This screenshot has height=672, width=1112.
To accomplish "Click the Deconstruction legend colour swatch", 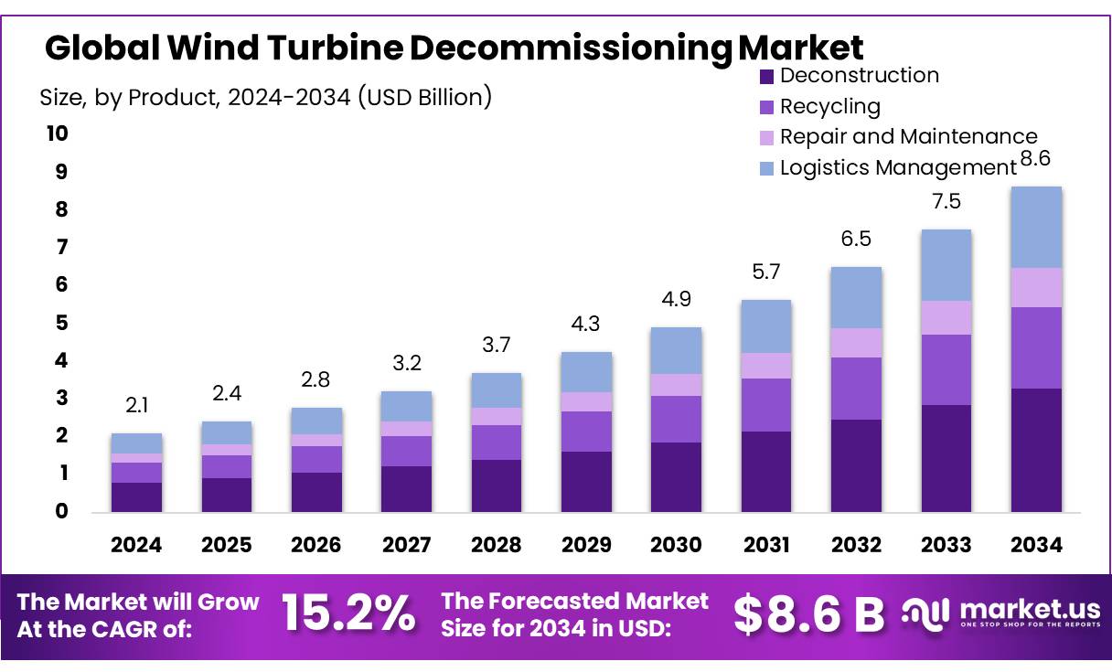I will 766,76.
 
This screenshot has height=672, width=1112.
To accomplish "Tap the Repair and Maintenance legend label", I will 908,137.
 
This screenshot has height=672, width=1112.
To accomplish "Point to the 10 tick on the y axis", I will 57,133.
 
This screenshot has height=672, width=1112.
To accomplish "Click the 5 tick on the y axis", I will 61,323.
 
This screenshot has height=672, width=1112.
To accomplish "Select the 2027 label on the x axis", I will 406,545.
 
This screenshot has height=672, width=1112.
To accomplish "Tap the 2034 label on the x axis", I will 1036,545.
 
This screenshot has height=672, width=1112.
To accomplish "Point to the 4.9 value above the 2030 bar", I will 676,300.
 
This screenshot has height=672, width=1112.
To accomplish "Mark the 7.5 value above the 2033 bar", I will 946,202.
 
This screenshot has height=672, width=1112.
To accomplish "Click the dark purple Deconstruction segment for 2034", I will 1036,450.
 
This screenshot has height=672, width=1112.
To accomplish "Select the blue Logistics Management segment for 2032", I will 856,298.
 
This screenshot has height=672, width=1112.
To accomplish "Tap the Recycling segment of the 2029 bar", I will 586,432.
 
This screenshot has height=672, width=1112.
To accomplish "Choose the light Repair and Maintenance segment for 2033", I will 946,318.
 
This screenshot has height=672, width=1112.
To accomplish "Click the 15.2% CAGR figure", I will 347,613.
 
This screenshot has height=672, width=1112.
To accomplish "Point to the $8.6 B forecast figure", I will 808,613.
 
